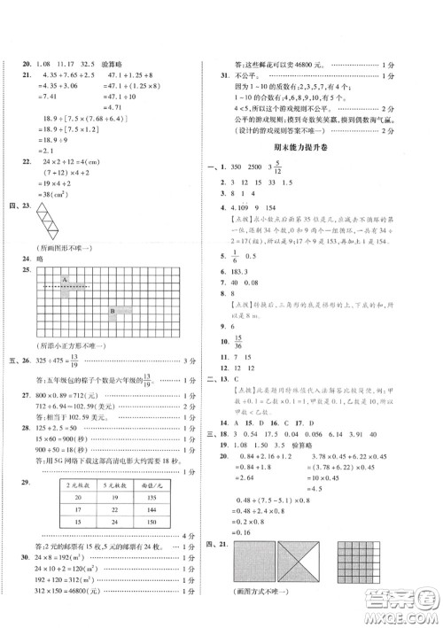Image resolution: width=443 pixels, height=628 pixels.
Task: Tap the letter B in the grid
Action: (x=113, y=310)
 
